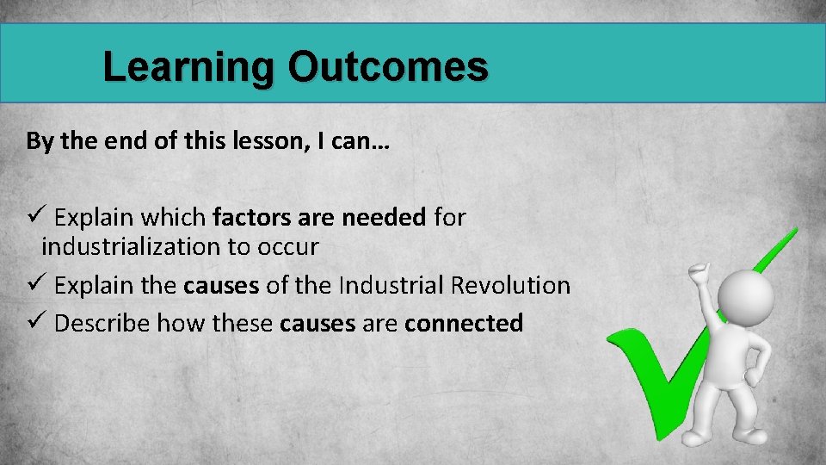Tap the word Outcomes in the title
point(388,67)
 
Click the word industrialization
point(131,247)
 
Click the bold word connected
point(464,323)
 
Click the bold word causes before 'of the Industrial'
point(221,285)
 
